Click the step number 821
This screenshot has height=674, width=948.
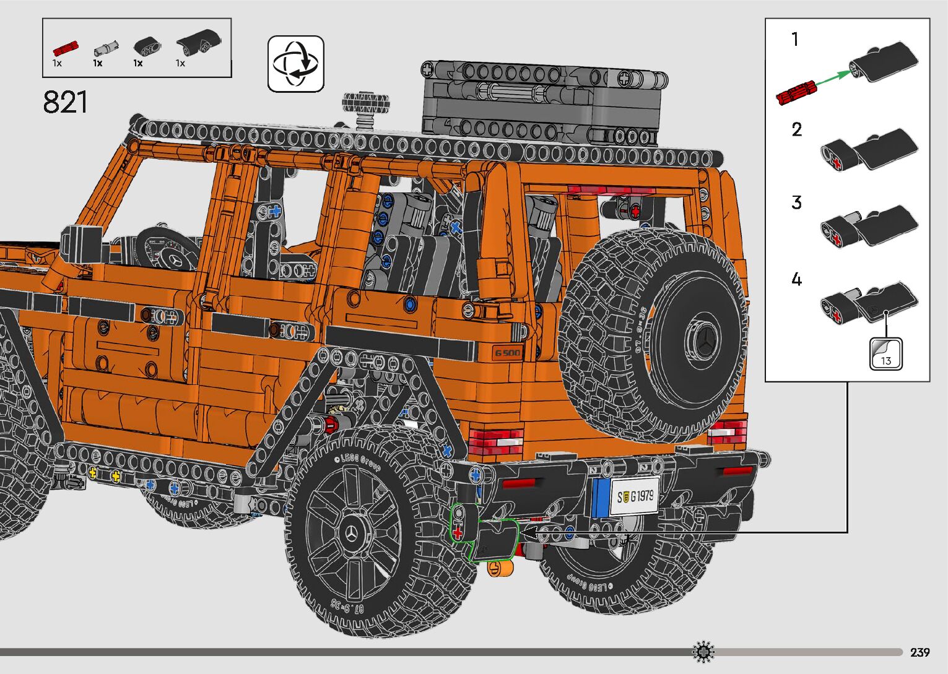pyautogui.click(x=65, y=102)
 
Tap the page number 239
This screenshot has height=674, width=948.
pyautogui.click(x=920, y=652)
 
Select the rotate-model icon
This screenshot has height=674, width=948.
pyautogui.click(x=296, y=64)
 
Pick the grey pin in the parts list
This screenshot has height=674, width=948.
pyautogui.click(x=106, y=48)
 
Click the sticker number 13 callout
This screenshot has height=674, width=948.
pyautogui.click(x=886, y=354)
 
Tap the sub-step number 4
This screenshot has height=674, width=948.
pyautogui.click(x=796, y=279)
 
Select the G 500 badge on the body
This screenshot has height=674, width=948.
pyautogui.click(x=507, y=353)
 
